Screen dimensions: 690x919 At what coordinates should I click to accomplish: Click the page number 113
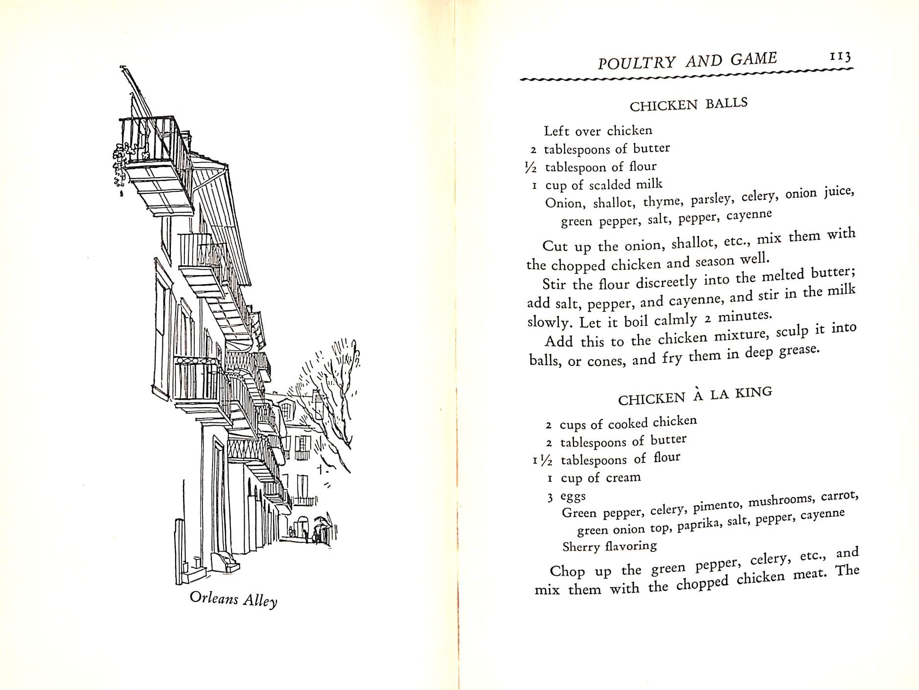pos(841,57)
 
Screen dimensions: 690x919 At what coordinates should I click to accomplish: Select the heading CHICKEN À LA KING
pos(695,396)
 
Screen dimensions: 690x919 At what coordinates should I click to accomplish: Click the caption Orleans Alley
pos(233,599)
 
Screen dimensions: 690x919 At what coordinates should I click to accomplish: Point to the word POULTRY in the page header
pos(629,62)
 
